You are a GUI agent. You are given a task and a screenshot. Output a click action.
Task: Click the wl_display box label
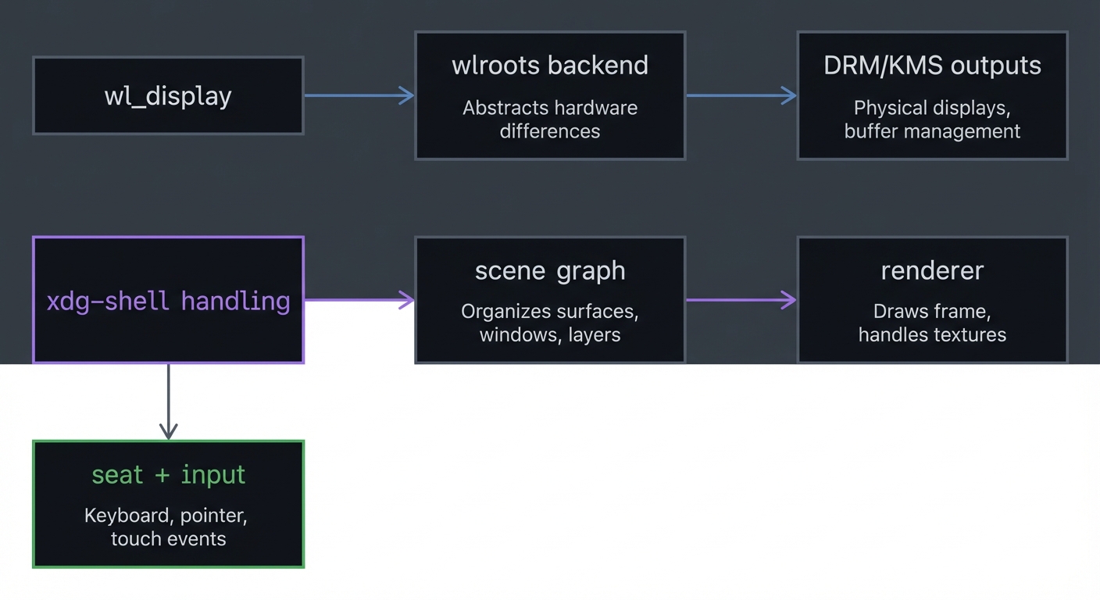[168, 96]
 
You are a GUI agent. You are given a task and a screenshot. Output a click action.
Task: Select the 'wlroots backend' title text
[550, 66]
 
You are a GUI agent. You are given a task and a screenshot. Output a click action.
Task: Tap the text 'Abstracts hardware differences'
[550, 120]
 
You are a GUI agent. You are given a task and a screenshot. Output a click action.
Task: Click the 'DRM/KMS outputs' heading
[932, 66]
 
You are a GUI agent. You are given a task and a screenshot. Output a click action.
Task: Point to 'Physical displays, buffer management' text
[932, 120]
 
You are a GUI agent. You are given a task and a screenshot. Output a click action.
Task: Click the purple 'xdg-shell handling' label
[168, 301]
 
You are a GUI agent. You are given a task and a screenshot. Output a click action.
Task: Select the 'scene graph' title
[550, 271]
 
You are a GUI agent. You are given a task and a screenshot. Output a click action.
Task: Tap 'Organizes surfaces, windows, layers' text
[550, 323]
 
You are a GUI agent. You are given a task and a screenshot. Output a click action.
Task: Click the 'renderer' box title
[932, 271]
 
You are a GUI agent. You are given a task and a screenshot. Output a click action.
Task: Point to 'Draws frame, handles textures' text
[932, 323]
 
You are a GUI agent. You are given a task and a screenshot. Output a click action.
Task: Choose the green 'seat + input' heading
[168, 475]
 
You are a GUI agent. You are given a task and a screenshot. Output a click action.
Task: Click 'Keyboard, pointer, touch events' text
[168, 527]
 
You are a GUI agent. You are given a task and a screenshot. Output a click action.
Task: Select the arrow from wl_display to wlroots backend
[359, 95]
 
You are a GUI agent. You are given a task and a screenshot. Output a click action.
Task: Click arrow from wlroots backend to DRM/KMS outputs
[741, 95]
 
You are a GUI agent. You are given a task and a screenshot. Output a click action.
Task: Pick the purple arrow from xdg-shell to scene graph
[359, 299]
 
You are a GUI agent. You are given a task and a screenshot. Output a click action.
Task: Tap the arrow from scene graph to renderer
[741, 299]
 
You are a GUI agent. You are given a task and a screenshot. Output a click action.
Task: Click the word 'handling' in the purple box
[235, 301]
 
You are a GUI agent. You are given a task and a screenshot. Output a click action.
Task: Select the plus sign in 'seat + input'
[162, 476]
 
